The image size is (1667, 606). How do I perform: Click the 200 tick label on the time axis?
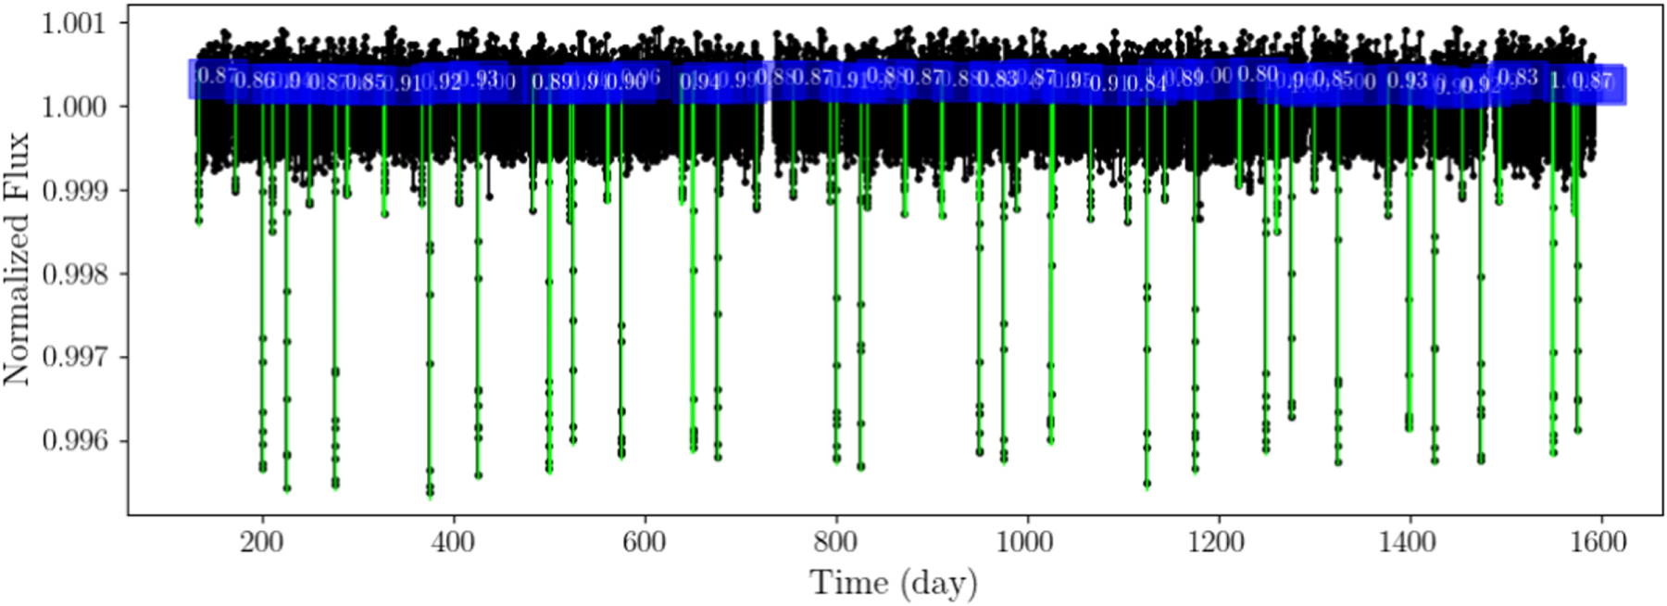pos(262,542)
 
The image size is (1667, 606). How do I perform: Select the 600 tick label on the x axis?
pos(645,542)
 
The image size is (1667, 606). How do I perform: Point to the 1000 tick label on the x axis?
pos(1025,542)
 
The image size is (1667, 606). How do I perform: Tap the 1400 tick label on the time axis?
pos(1408,542)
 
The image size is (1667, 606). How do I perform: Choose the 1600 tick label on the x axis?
pos(1598,542)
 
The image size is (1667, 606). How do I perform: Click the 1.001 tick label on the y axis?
pos(73,22)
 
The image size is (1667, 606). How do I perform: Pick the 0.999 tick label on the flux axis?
pos(73,190)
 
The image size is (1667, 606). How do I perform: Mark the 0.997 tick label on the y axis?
pos(73,357)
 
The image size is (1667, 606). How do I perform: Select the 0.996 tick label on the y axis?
pos(73,440)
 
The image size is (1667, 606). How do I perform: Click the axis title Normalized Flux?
pos(17,259)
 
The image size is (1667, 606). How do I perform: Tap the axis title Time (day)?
pos(894,584)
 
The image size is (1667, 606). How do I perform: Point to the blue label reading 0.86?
pos(253,81)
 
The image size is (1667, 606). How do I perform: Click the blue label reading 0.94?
pos(699,82)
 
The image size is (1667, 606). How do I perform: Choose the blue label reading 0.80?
pos(1258,74)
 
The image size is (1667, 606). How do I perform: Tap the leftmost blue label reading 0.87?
pos(214,76)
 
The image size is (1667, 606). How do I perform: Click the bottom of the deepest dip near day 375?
pos(430,495)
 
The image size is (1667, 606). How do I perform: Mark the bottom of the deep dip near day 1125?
pos(1147,485)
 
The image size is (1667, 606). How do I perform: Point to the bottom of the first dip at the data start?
pos(198,221)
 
